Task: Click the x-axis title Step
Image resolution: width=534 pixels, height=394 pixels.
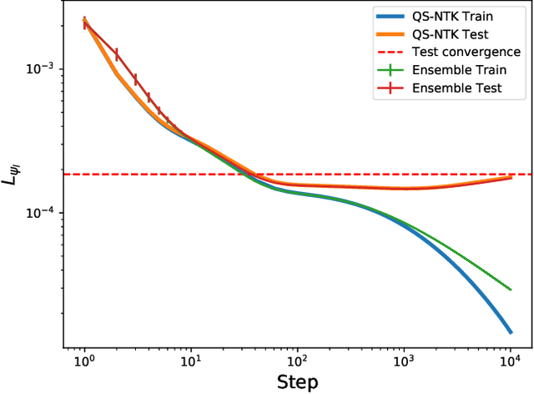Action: [297, 382]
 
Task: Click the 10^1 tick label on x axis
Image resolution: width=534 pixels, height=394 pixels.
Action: [191, 362]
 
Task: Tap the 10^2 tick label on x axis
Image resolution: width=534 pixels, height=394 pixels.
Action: [297, 362]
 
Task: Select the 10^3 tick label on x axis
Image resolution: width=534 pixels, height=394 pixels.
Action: [404, 362]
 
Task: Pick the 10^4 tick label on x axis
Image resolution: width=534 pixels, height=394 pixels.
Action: [510, 362]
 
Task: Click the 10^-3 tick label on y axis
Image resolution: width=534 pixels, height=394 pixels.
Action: [42, 68]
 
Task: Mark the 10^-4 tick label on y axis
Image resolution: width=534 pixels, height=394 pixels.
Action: [42, 212]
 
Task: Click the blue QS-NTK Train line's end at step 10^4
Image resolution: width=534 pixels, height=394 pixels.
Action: [510, 332]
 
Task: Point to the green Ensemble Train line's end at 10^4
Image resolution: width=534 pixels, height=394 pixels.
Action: [510, 290]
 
